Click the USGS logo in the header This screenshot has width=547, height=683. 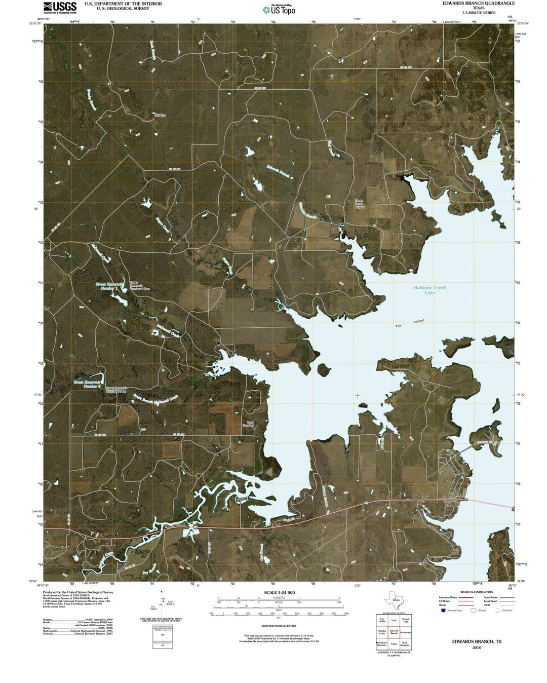pos(60,7)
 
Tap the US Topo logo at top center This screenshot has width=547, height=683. pos(279,10)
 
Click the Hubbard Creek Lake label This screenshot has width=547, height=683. pos(429,290)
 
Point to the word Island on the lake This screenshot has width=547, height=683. pos(418,322)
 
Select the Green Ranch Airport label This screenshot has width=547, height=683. pos(359,204)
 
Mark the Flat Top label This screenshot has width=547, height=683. pos(160,116)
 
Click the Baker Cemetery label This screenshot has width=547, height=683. pos(248,424)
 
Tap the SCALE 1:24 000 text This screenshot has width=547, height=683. pos(279,592)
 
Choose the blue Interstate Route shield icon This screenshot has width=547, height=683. pos(444,610)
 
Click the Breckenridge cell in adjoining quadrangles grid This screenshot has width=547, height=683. pos(405,632)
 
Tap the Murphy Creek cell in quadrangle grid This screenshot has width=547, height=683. pos(382,632)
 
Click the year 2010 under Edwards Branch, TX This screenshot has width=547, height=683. pos(477,647)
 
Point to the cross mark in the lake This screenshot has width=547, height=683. pos(358,395)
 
